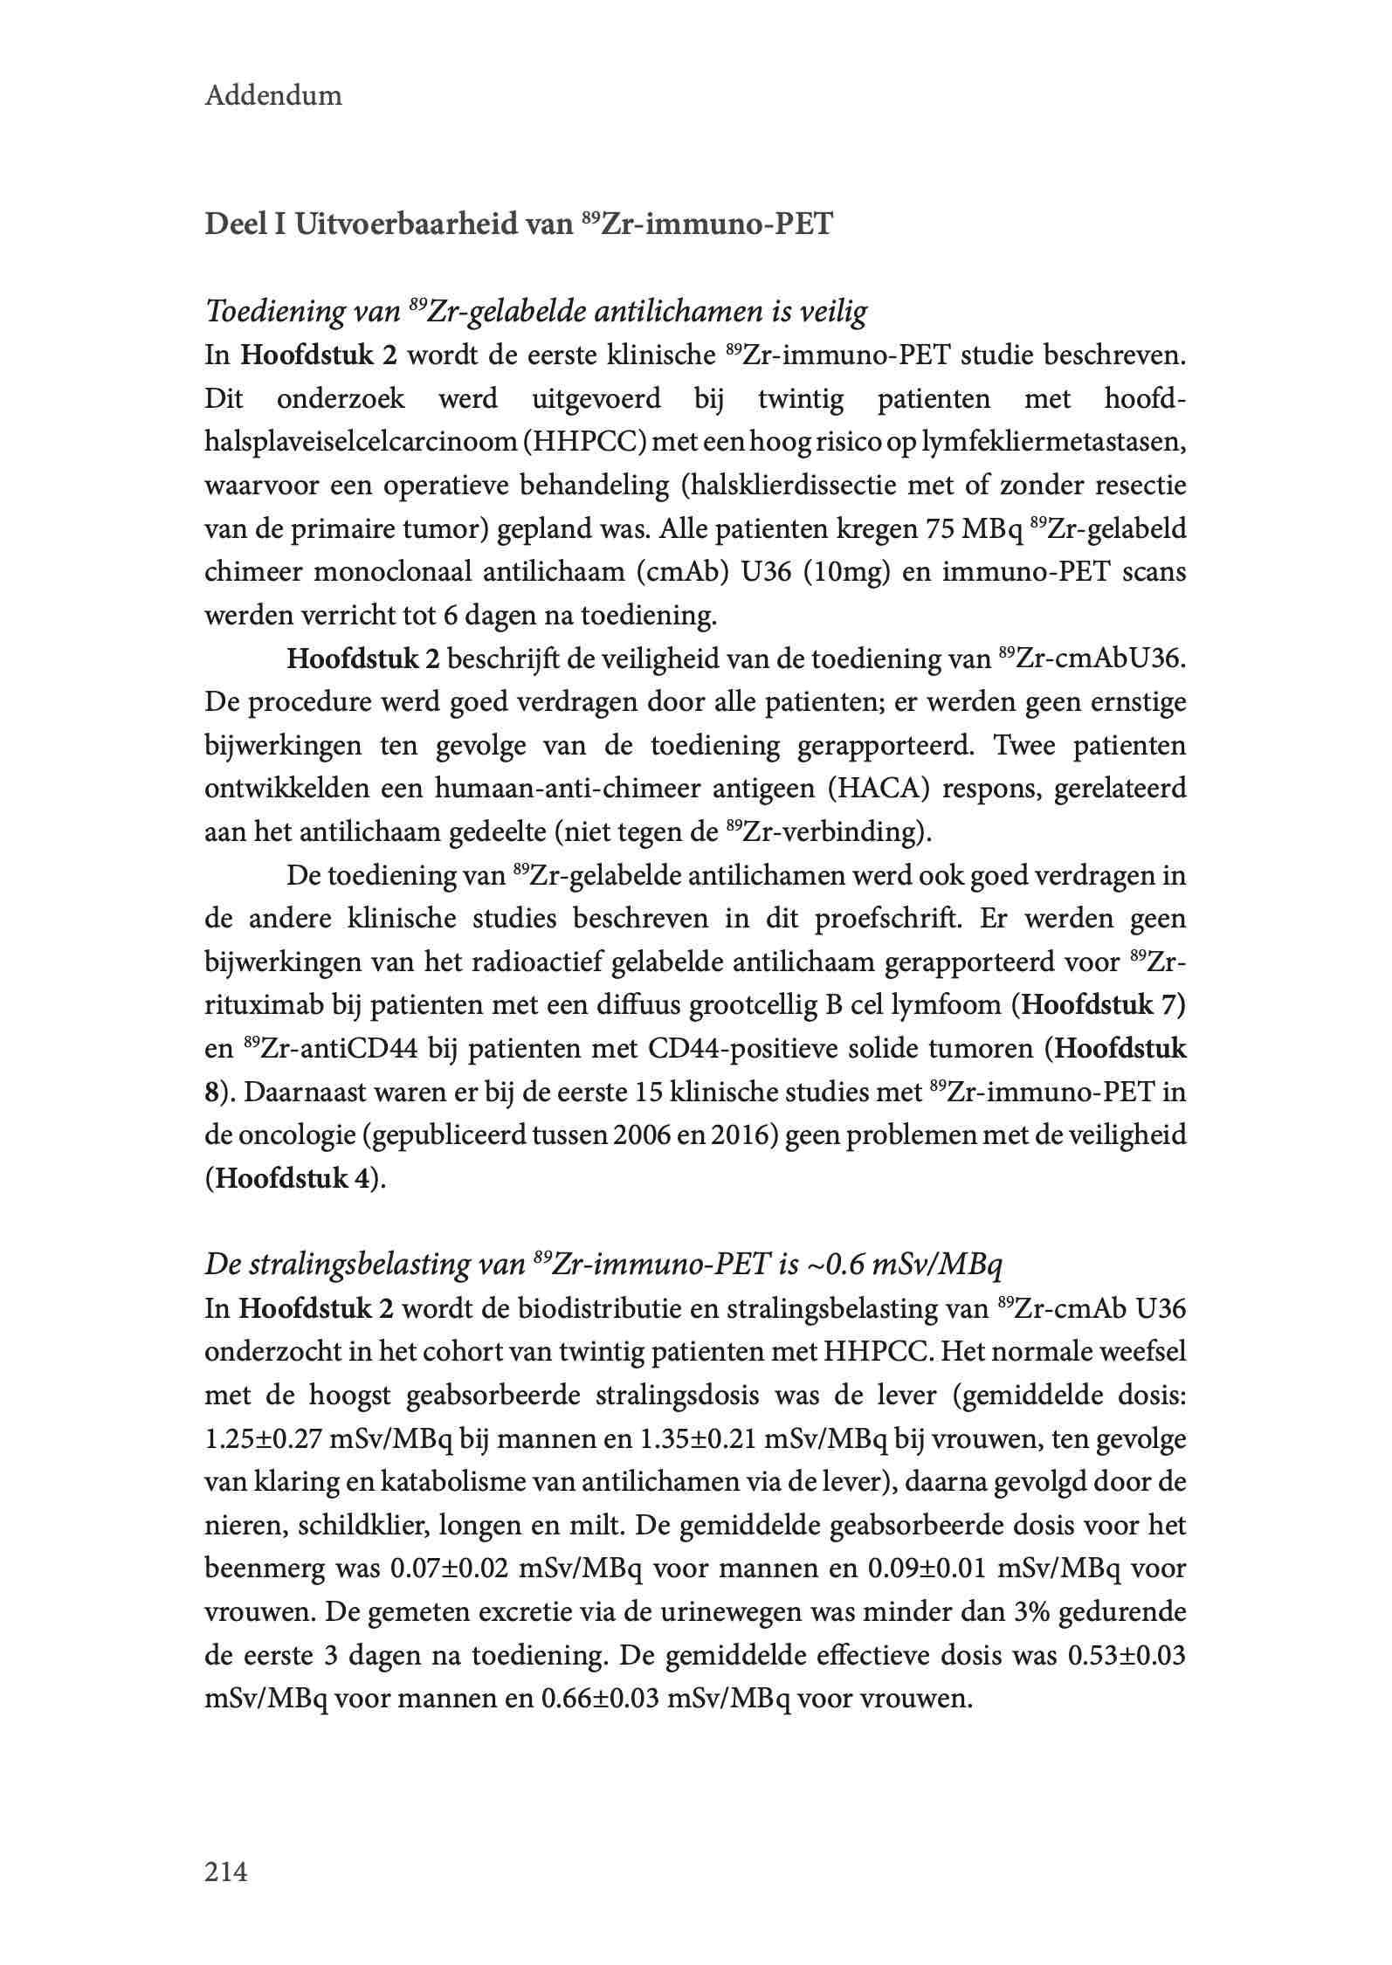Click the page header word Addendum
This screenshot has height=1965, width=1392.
point(273,95)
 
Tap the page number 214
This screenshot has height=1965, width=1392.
point(226,1872)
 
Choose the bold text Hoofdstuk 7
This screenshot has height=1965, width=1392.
point(1103,1005)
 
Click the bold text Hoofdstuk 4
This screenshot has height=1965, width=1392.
point(293,1179)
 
